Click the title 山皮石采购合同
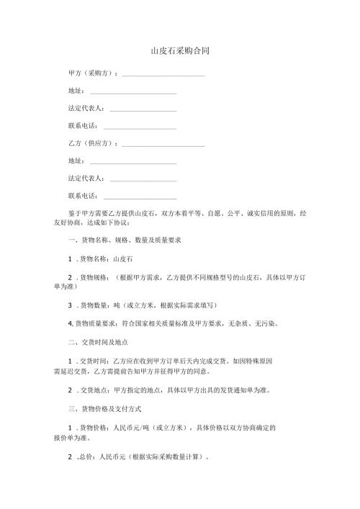pos(179,52)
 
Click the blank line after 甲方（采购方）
pos(163,75)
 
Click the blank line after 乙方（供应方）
pos(163,145)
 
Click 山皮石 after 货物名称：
pos(122,257)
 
